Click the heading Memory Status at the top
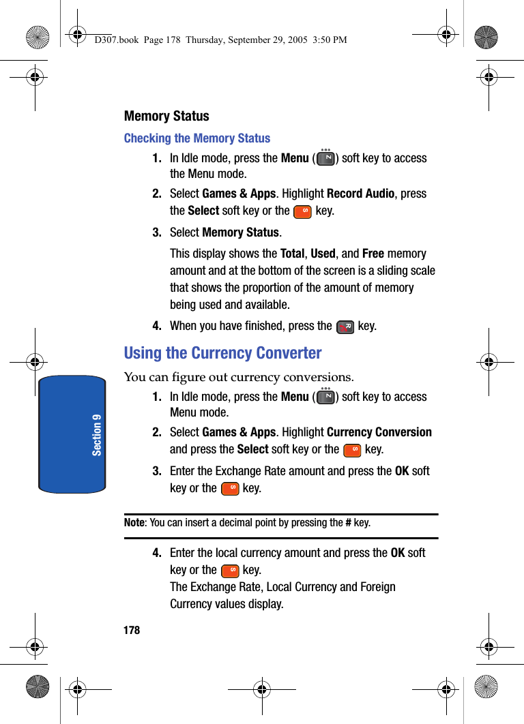point(166,116)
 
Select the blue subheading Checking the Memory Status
point(197,138)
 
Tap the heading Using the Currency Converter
point(222,353)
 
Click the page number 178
point(132,630)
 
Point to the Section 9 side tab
point(72,434)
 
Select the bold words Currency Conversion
point(379,432)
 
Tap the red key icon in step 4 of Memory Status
point(345,327)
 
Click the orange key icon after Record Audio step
point(302,211)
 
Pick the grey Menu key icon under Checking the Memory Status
point(326,159)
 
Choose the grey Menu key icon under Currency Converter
point(326,397)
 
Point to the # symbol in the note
point(348,523)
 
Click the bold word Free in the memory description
point(373,254)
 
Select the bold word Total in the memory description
point(293,254)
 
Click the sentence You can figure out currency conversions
point(239,377)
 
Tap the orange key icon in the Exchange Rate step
point(231,489)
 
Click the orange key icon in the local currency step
point(231,571)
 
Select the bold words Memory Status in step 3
point(241,232)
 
